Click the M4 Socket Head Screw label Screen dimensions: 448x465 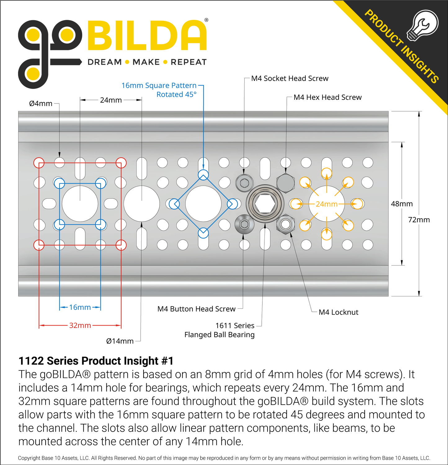click(x=290, y=78)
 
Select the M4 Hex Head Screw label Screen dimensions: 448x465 click(x=327, y=97)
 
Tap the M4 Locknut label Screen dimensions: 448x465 click(x=338, y=312)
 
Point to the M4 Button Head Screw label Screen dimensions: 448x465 click(x=197, y=309)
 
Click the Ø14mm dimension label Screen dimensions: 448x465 click(x=120, y=341)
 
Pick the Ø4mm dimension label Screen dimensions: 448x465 click(x=41, y=104)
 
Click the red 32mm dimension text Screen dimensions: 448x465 click(x=80, y=325)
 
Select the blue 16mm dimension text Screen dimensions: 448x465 click(x=80, y=307)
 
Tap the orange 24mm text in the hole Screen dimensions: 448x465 click(x=326, y=204)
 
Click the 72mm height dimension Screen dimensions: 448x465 click(x=419, y=220)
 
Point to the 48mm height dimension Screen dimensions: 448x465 click(x=402, y=204)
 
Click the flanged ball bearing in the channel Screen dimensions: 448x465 click(x=265, y=204)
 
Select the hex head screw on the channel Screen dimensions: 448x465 click(x=285, y=183)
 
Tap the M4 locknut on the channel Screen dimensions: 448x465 click(x=285, y=224)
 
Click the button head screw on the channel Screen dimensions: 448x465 click(x=244, y=224)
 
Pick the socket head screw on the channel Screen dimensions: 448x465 click(x=244, y=183)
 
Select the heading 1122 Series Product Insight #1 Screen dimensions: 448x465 click(x=96, y=361)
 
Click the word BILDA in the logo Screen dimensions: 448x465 click(x=147, y=35)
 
